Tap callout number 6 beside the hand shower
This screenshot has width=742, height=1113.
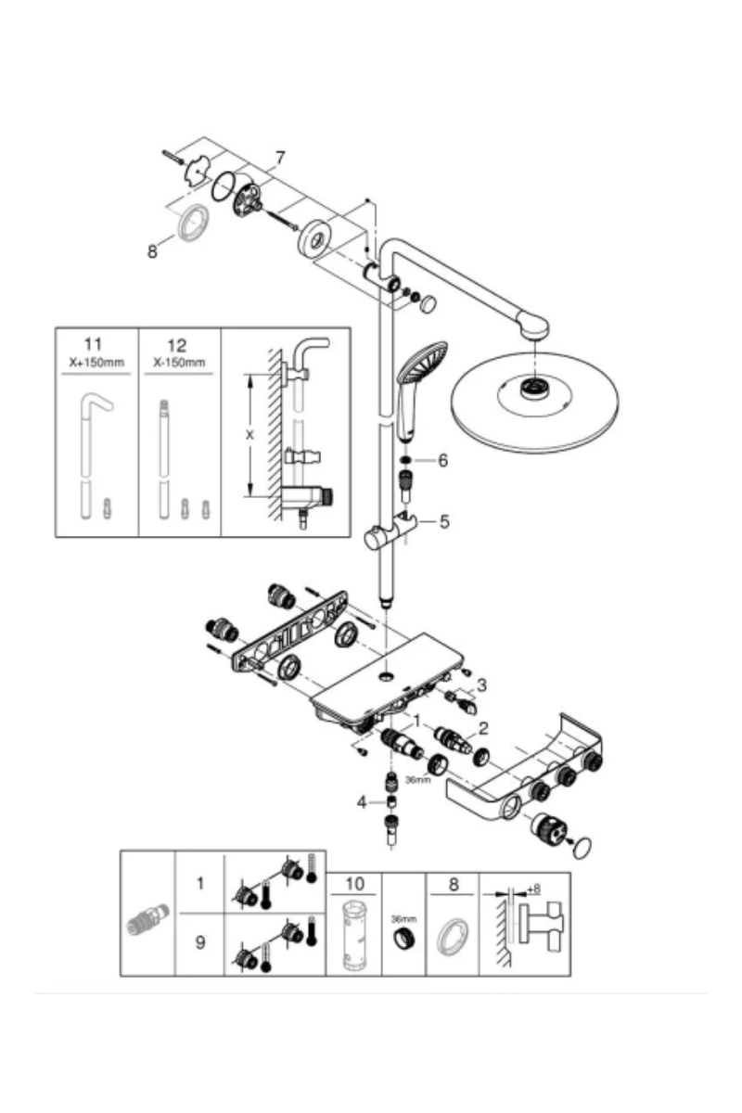tap(442, 460)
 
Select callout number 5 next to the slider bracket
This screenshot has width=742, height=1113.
tap(444, 521)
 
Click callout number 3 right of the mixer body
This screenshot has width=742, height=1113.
tap(480, 686)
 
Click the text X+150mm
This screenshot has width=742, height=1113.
tap(96, 363)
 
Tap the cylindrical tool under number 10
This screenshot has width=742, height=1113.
tap(354, 936)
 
